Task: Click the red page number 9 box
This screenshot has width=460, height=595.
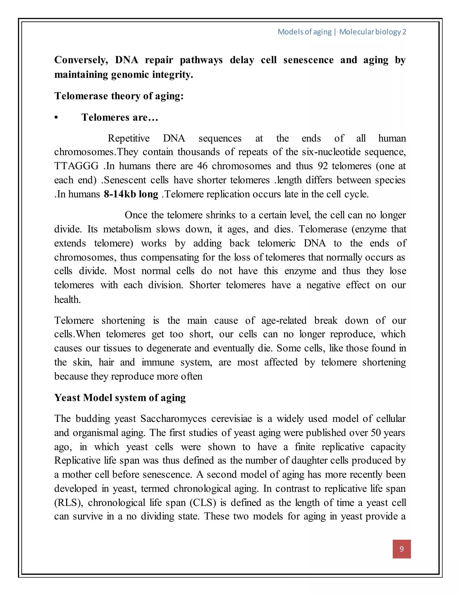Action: (401, 549)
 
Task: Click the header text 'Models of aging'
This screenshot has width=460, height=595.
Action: (304, 32)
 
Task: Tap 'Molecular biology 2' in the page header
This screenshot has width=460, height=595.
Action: (373, 32)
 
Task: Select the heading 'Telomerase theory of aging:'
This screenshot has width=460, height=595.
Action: (119, 96)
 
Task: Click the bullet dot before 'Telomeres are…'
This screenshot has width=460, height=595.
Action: (56, 118)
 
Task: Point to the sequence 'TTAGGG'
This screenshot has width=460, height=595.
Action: (76, 166)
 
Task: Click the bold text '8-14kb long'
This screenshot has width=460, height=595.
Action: (131, 194)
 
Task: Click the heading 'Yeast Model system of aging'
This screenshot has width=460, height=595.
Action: (120, 398)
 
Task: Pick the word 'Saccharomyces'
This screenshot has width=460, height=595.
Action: (173, 419)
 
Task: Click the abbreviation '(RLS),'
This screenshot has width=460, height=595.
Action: (69, 503)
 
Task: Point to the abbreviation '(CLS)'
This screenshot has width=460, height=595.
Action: (203, 503)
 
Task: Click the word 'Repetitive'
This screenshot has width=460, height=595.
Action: (129, 138)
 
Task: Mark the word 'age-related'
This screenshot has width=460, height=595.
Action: (284, 320)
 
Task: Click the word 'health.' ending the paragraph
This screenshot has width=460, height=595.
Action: (67, 300)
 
